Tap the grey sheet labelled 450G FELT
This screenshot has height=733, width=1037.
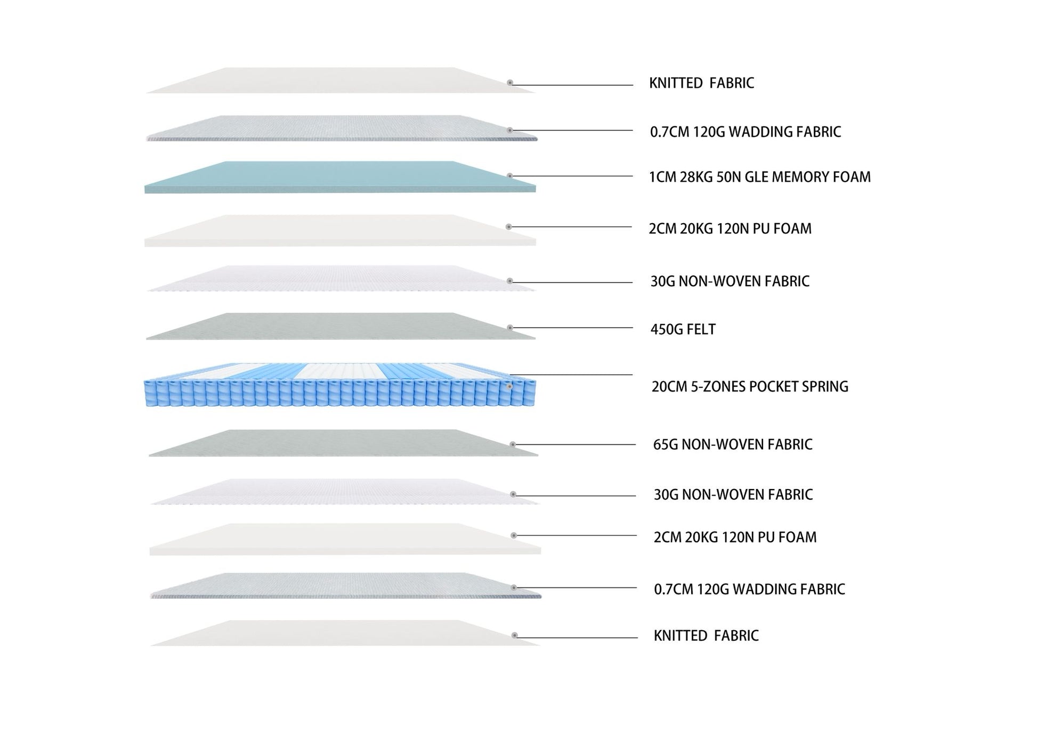340,326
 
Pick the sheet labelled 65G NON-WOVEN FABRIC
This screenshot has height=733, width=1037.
343,443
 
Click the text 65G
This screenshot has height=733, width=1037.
666,444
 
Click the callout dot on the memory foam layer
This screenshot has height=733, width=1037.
510,175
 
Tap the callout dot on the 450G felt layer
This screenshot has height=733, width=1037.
510,328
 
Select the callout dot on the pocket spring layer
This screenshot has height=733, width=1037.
510,386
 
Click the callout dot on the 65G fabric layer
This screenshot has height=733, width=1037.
513,444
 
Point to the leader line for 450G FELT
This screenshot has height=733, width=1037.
573,328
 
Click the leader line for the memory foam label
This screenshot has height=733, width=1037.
573,176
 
